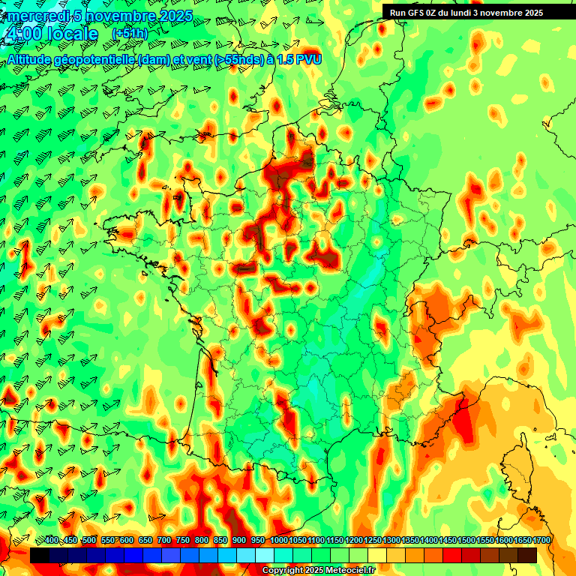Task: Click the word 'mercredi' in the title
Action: point(37,15)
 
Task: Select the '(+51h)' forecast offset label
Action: point(130,34)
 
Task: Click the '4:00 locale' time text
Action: point(51,34)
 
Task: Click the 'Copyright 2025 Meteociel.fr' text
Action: point(319,571)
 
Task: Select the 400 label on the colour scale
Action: point(52,540)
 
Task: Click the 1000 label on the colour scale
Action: point(278,540)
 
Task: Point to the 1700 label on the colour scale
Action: point(541,540)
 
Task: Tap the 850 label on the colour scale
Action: point(220,540)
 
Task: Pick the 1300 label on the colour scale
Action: point(391,540)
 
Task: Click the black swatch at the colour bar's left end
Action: point(39,555)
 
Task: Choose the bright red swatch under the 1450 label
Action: point(452,555)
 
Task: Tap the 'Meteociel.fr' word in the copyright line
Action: point(350,571)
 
